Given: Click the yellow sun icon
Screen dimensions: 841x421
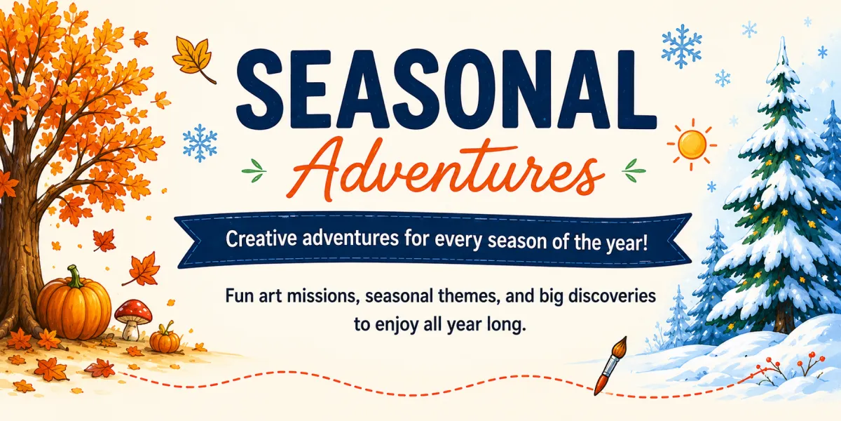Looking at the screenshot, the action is click(692, 145).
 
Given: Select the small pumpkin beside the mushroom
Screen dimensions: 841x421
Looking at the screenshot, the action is click(165, 339).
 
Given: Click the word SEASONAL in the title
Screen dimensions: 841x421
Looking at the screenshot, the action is click(446, 88).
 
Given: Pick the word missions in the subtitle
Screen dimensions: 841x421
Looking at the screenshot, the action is click(321, 297).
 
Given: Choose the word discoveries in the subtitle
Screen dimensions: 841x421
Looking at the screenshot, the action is click(612, 296).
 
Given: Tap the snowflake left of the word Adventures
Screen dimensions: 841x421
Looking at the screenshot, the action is click(200, 143).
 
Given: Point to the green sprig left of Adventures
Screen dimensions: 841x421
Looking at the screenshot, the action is click(254, 171).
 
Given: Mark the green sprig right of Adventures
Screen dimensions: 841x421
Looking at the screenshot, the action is click(634, 171).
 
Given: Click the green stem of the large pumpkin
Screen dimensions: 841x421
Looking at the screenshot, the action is click(75, 276).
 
